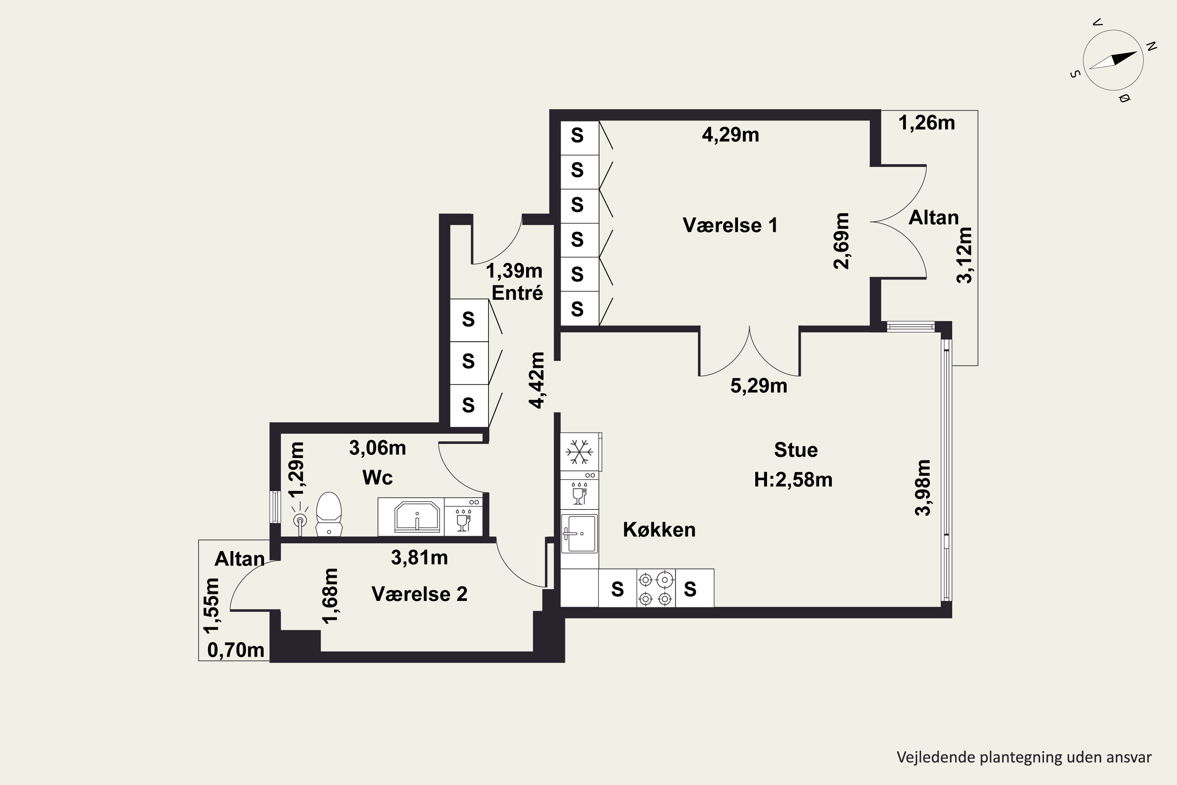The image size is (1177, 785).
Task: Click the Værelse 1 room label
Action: (x=730, y=225)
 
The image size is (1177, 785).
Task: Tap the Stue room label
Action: (x=796, y=450)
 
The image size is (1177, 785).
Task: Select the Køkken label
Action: (x=659, y=529)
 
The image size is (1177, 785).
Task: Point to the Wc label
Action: (x=377, y=478)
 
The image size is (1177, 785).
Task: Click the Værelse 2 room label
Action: (x=419, y=594)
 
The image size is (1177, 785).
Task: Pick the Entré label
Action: (x=517, y=292)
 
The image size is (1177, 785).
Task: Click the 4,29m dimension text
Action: (x=730, y=135)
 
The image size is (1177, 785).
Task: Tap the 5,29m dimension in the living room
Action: (x=759, y=386)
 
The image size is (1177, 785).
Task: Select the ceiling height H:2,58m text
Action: (x=793, y=480)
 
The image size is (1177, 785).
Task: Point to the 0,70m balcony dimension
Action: (x=236, y=650)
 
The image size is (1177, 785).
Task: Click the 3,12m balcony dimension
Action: (x=964, y=256)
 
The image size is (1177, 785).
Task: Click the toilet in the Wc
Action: (x=329, y=514)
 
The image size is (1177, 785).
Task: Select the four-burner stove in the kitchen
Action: (x=656, y=588)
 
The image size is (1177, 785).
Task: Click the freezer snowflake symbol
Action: (x=579, y=452)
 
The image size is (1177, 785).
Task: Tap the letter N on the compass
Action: (x=1151, y=47)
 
